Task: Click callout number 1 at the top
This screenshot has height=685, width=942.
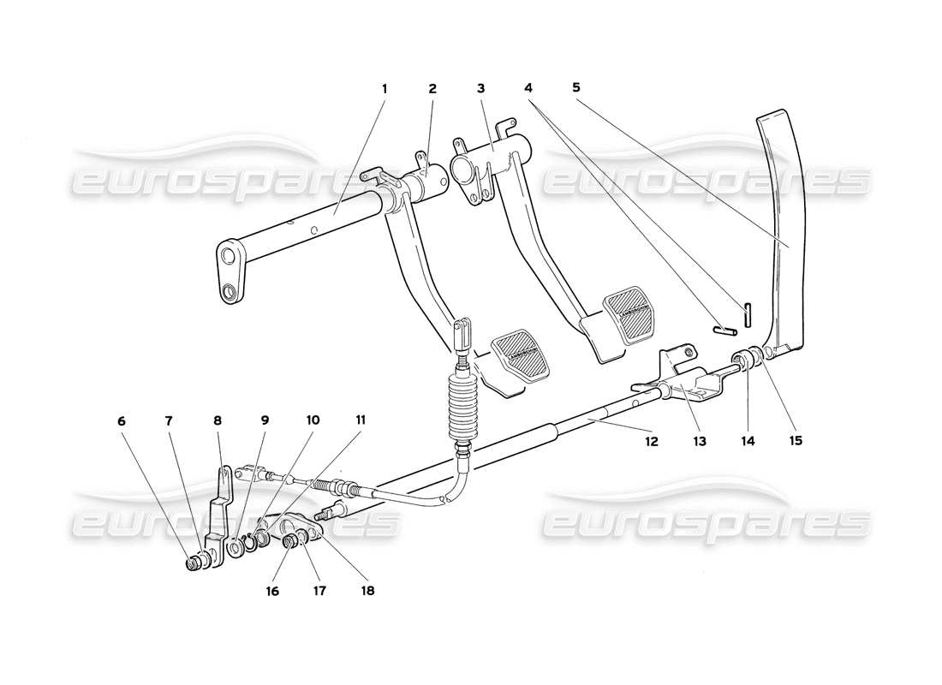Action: pos(385,88)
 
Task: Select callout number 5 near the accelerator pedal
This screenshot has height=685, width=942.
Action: pos(576,87)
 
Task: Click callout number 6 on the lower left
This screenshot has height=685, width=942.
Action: pos(121,420)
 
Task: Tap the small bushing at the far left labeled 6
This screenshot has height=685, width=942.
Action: pos(197,563)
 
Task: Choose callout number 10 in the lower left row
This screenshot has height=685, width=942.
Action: pos(313,420)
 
